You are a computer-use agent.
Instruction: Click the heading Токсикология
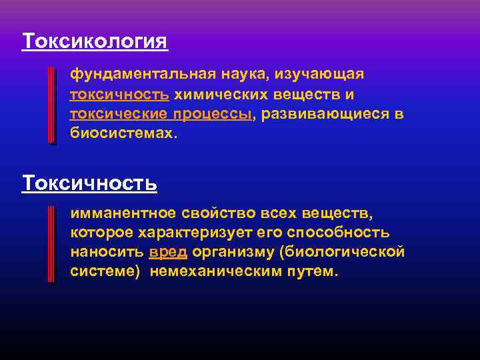coord(95,41)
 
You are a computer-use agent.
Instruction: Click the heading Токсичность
coord(89,182)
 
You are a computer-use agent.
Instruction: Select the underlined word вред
coord(168,253)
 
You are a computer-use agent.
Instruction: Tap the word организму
coord(233,253)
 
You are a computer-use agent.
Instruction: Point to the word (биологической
coord(342,253)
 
